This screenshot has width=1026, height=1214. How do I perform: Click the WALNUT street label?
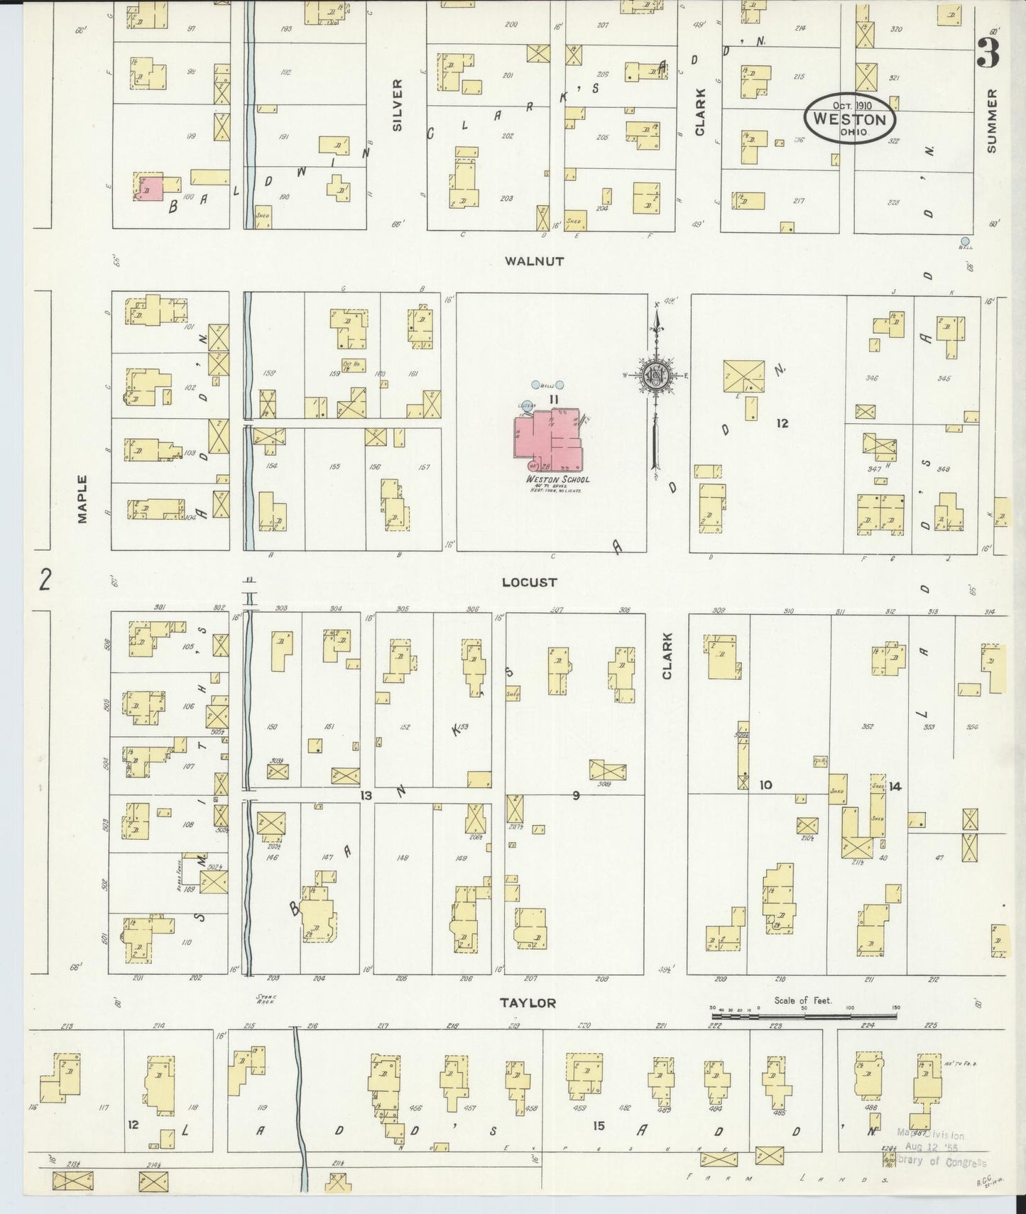pyautogui.click(x=534, y=261)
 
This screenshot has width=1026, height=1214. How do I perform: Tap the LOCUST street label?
pyautogui.click(x=529, y=582)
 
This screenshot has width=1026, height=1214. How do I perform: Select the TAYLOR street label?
pyautogui.click(x=527, y=1003)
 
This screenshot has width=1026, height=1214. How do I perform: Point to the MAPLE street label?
pyautogui.click(x=82, y=499)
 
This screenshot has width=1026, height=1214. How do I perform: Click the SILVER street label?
pyautogui.click(x=397, y=104)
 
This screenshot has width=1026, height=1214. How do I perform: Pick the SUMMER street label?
pyautogui.click(x=992, y=121)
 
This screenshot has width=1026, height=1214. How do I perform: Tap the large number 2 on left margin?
pyautogui.click(x=46, y=580)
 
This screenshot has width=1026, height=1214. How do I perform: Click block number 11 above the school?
pyautogui.click(x=554, y=400)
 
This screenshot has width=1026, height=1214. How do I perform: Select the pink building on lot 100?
pyautogui.click(x=150, y=189)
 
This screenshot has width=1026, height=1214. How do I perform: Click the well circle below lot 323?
pyautogui.click(x=964, y=241)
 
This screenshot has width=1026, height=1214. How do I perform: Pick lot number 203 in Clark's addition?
pyautogui.click(x=506, y=198)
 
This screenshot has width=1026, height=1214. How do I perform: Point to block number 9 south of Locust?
pyautogui.click(x=576, y=795)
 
